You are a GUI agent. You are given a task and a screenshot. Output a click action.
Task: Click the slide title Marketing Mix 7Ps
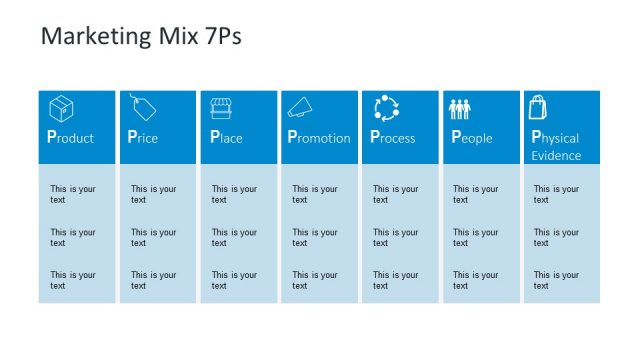tap(140, 37)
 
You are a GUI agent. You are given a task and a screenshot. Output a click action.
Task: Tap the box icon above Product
tap(62, 108)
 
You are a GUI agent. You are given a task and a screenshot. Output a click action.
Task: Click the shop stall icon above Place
tap(222, 107)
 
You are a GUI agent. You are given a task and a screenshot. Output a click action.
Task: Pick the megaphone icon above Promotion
tap(302, 107)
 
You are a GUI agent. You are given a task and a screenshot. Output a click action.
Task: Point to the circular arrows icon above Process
tap(386, 107)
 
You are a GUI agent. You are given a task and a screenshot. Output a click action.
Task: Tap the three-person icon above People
tap(460, 108)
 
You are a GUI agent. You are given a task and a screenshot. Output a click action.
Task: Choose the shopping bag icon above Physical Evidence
tap(539, 107)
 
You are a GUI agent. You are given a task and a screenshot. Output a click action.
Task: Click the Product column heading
tap(71, 137)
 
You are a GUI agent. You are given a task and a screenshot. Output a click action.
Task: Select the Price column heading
tap(143, 137)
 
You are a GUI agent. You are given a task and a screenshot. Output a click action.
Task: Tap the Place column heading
tap(226, 137)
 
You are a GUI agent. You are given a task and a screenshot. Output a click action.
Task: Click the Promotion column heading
tap(319, 137)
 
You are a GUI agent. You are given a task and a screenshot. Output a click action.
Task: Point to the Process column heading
tap(393, 137)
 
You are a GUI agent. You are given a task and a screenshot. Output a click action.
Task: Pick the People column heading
tap(472, 137)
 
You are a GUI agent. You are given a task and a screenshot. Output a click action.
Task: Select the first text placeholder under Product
tap(72, 194)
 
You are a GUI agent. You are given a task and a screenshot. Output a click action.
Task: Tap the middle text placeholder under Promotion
tap(314, 237)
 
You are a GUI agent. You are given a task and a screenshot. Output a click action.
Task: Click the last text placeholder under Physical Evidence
tap(556, 280)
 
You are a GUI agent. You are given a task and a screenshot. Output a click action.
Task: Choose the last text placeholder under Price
tap(153, 280)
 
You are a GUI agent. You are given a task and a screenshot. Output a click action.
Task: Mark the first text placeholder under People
tap(475, 194)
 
